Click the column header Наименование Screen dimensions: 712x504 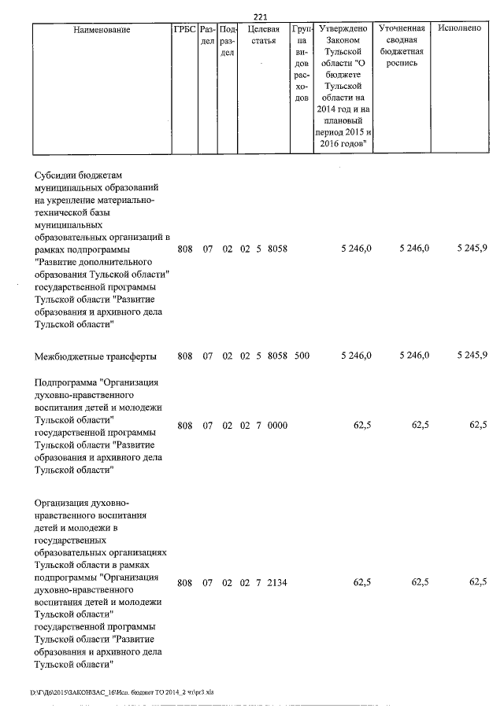102,30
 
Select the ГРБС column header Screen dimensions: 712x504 184,30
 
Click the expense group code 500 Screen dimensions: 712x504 301,356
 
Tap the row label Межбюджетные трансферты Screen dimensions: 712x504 95,356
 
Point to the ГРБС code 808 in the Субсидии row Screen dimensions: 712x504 185,249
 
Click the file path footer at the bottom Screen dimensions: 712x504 121,692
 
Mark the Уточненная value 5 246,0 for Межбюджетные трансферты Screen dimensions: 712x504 413,356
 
